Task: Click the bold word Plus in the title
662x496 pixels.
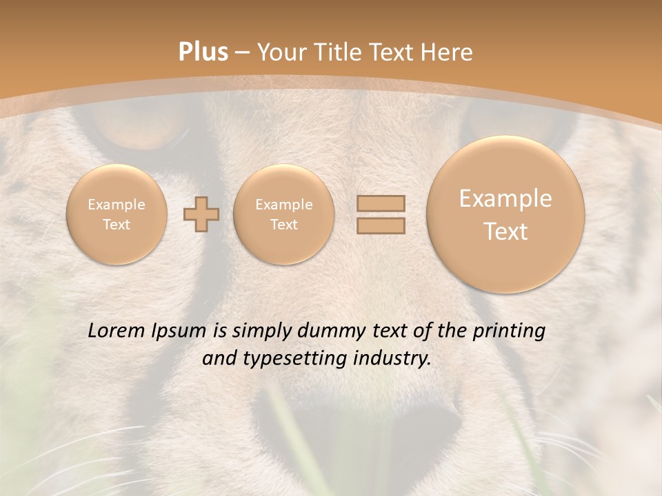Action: pyautogui.click(x=203, y=52)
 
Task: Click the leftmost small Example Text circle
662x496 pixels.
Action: pyautogui.click(x=117, y=214)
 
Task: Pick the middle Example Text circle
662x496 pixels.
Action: pyautogui.click(x=283, y=214)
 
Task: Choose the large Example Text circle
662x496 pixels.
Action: pyautogui.click(x=505, y=214)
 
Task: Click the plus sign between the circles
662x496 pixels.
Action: pyautogui.click(x=201, y=214)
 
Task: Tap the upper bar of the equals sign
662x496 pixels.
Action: pyautogui.click(x=381, y=203)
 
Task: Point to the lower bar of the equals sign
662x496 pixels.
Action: pyautogui.click(x=381, y=225)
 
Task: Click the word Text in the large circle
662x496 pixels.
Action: pyautogui.click(x=505, y=231)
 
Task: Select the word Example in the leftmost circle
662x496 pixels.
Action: pyautogui.click(x=117, y=205)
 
